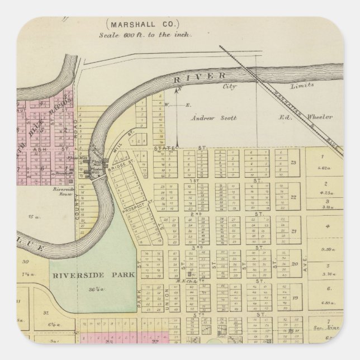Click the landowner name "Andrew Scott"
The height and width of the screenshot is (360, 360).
207,118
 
